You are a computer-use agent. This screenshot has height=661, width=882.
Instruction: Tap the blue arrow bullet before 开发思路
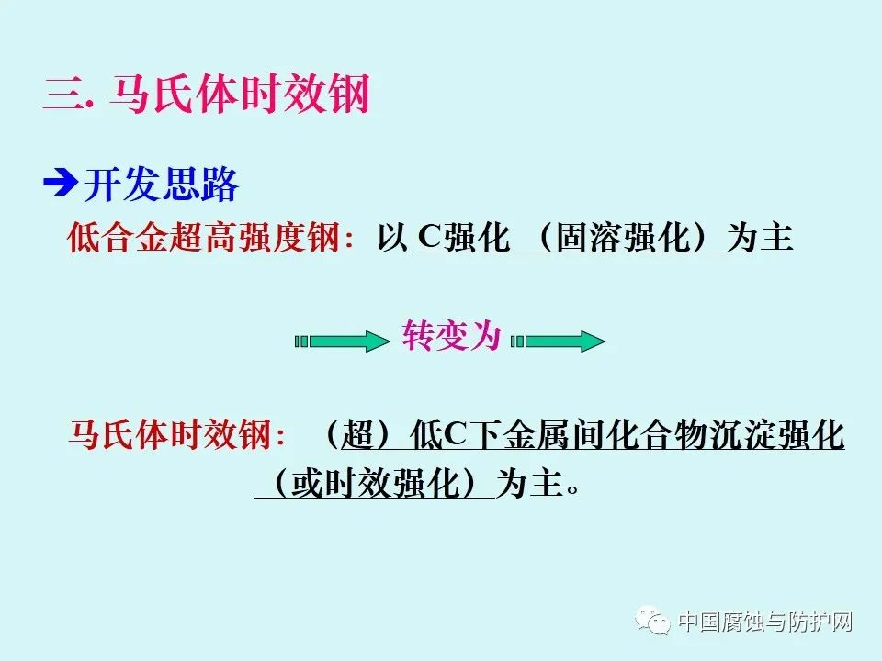(x=60, y=185)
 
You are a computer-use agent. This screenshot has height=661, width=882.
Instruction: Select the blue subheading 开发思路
(x=161, y=185)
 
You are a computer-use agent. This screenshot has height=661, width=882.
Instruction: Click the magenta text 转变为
(x=451, y=337)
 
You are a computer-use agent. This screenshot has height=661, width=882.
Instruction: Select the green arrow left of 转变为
(x=342, y=342)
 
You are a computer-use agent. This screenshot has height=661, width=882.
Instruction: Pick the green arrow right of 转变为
(x=558, y=342)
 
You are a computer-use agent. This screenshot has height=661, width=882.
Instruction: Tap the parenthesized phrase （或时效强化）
(x=375, y=484)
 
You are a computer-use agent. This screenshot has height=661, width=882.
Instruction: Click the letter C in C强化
(x=430, y=238)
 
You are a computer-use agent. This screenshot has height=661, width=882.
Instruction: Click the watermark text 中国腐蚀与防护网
(x=765, y=622)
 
